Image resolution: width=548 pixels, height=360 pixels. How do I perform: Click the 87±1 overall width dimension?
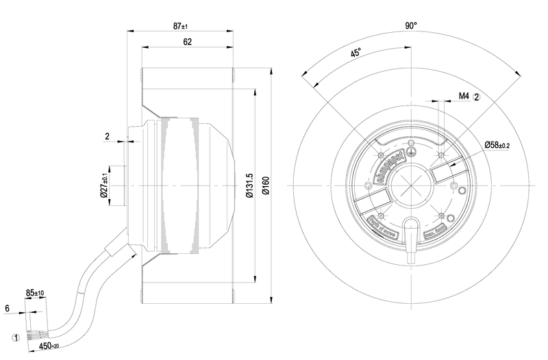(180, 26)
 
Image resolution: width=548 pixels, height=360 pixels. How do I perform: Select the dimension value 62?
(187, 42)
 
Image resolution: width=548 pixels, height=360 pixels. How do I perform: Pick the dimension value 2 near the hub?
(108, 136)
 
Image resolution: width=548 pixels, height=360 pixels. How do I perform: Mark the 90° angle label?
(410, 26)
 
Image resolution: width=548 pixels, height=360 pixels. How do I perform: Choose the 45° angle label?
(356, 55)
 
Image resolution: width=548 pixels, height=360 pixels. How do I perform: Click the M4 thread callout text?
(463, 97)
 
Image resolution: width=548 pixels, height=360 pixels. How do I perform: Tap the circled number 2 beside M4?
(477, 97)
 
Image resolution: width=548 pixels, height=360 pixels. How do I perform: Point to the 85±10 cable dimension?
(36, 294)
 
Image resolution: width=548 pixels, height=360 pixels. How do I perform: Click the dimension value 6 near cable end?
(7, 309)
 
